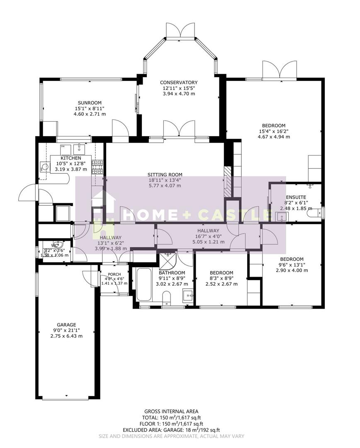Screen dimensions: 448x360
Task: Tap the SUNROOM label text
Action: tap(90, 103)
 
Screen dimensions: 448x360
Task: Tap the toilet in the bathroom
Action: tap(166, 298)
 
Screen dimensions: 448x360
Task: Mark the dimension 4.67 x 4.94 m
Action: tap(273, 136)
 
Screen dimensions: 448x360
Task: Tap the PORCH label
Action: tap(114, 274)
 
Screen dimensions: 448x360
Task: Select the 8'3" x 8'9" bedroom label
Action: tap(221, 278)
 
